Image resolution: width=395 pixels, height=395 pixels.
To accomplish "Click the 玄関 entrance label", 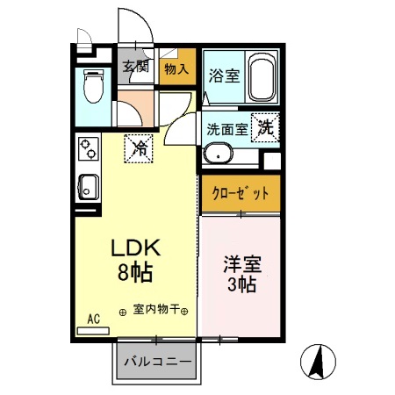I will [134, 67].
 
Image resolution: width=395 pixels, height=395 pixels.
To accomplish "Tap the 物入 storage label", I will [176, 68].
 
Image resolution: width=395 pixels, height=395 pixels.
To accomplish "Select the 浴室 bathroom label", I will [223, 76].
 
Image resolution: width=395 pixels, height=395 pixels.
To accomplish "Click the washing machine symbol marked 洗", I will [265, 126].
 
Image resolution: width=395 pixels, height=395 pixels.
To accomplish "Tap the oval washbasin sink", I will [217, 155].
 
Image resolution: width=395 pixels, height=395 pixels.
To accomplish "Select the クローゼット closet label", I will [240, 193].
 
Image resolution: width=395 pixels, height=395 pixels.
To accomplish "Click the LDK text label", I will [135, 248].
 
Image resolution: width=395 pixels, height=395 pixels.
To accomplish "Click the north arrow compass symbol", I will [320, 362].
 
